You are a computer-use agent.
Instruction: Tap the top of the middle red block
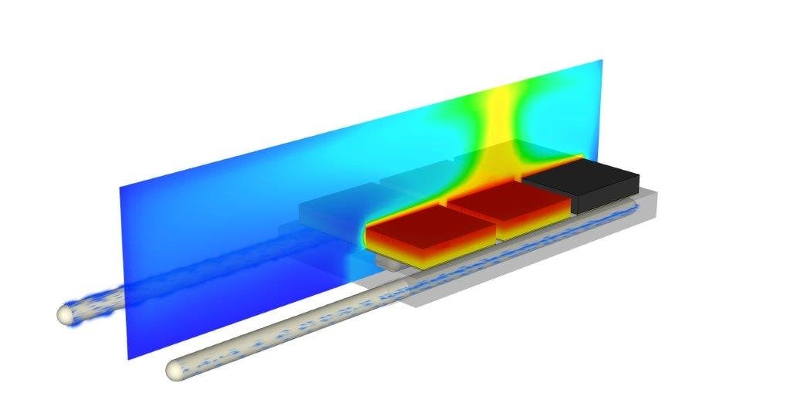(x=509, y=198)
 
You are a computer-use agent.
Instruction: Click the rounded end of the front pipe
(x=177, y=371)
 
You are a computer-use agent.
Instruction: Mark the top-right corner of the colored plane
(x=600, y=59)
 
